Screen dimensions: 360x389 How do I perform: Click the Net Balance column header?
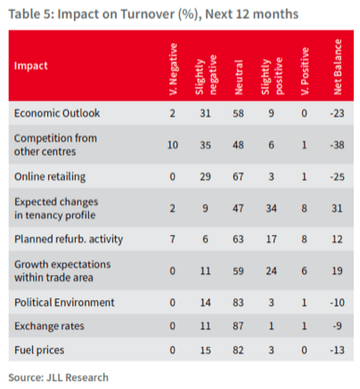338,67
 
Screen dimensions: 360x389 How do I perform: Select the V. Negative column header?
173,69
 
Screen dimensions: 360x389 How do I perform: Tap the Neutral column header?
239,77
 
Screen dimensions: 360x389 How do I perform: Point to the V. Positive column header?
305,71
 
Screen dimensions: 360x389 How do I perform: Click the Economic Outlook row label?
57,113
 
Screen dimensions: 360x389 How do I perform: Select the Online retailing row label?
50,177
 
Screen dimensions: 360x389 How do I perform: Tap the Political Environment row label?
64,303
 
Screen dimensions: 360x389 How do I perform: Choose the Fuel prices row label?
39,350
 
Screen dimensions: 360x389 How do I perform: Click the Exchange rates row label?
49,326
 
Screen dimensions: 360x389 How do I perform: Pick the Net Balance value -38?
337,145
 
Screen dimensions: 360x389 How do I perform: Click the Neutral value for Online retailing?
238,177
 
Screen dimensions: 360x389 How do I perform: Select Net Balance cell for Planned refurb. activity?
337,239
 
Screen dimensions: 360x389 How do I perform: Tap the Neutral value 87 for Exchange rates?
238,326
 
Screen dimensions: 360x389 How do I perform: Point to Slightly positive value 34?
271,208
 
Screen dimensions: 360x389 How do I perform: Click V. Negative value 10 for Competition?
173,145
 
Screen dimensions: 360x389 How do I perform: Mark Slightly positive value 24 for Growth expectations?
271,271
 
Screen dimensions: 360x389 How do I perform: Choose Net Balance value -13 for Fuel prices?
337,350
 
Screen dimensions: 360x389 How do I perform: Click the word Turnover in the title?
147,14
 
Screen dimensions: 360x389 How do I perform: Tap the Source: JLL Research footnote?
58,377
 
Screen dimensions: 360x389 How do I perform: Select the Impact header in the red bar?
31,66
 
